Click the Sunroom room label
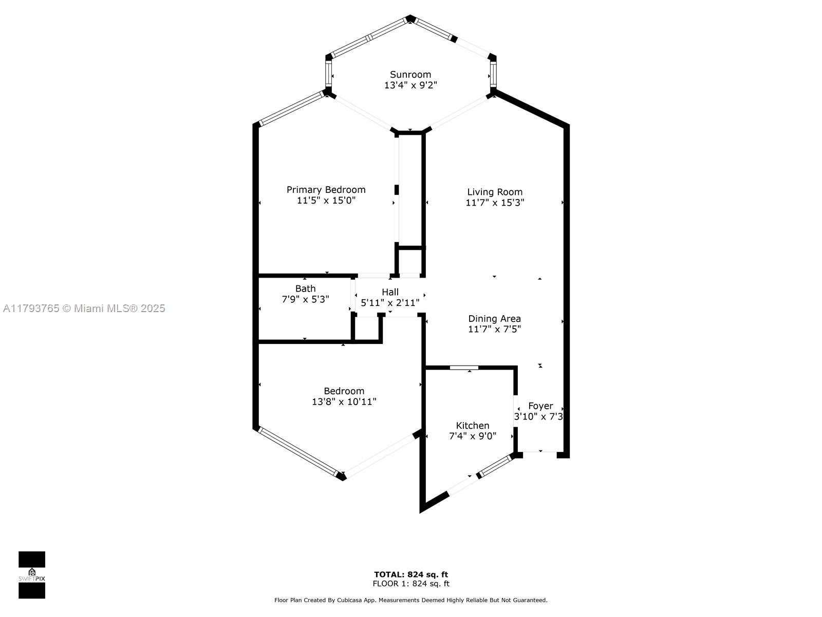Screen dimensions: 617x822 tap(410, 75)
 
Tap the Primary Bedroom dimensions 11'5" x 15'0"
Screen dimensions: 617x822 tap(326, 201)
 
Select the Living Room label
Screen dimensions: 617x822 tap(494, 192)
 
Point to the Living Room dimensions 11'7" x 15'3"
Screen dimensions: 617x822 tap(494, 203)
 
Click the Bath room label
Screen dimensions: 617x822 tap(305, 288)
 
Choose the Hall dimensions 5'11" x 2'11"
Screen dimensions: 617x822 tap(390, 303)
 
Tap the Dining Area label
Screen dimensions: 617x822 tap(494, 318)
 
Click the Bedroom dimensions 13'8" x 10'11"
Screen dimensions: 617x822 tap(344, 402)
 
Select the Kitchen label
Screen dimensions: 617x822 tap(472, 425)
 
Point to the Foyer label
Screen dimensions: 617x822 tap(540, 406)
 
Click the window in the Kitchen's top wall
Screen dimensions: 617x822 tap(464, 367)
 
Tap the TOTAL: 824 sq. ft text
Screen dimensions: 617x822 tap(410, 574)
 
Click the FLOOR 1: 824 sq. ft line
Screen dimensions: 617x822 tap(410, 584)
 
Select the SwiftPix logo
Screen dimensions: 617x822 tap(32, 575)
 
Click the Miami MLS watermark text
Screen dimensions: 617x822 tap(84, 308)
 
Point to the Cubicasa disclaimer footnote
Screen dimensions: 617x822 tap(410, 600)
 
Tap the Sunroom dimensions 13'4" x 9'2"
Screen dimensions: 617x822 tap(410, 85)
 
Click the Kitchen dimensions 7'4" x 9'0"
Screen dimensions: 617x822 tap(472, 436)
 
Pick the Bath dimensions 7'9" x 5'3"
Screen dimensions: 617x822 tap(305, 299)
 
